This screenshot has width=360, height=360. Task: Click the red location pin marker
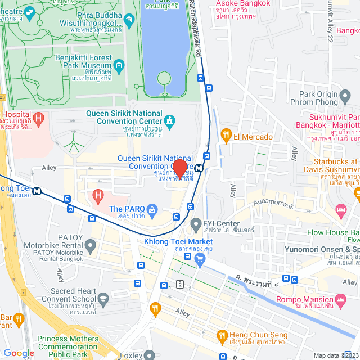(x=179, y=168)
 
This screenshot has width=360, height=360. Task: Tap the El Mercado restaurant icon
(x=226, y=134)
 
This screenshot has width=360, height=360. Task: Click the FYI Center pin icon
(x=195, y=224)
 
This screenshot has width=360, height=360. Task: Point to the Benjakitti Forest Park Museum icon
(x=119, y=66)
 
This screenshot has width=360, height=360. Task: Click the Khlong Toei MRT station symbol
(x=38, y=190)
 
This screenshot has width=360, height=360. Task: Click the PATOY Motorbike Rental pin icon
(x=90, y=246)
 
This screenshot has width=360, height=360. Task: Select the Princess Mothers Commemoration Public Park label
(x=67, y=347)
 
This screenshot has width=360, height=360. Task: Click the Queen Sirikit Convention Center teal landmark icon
(x=169, y=120)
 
